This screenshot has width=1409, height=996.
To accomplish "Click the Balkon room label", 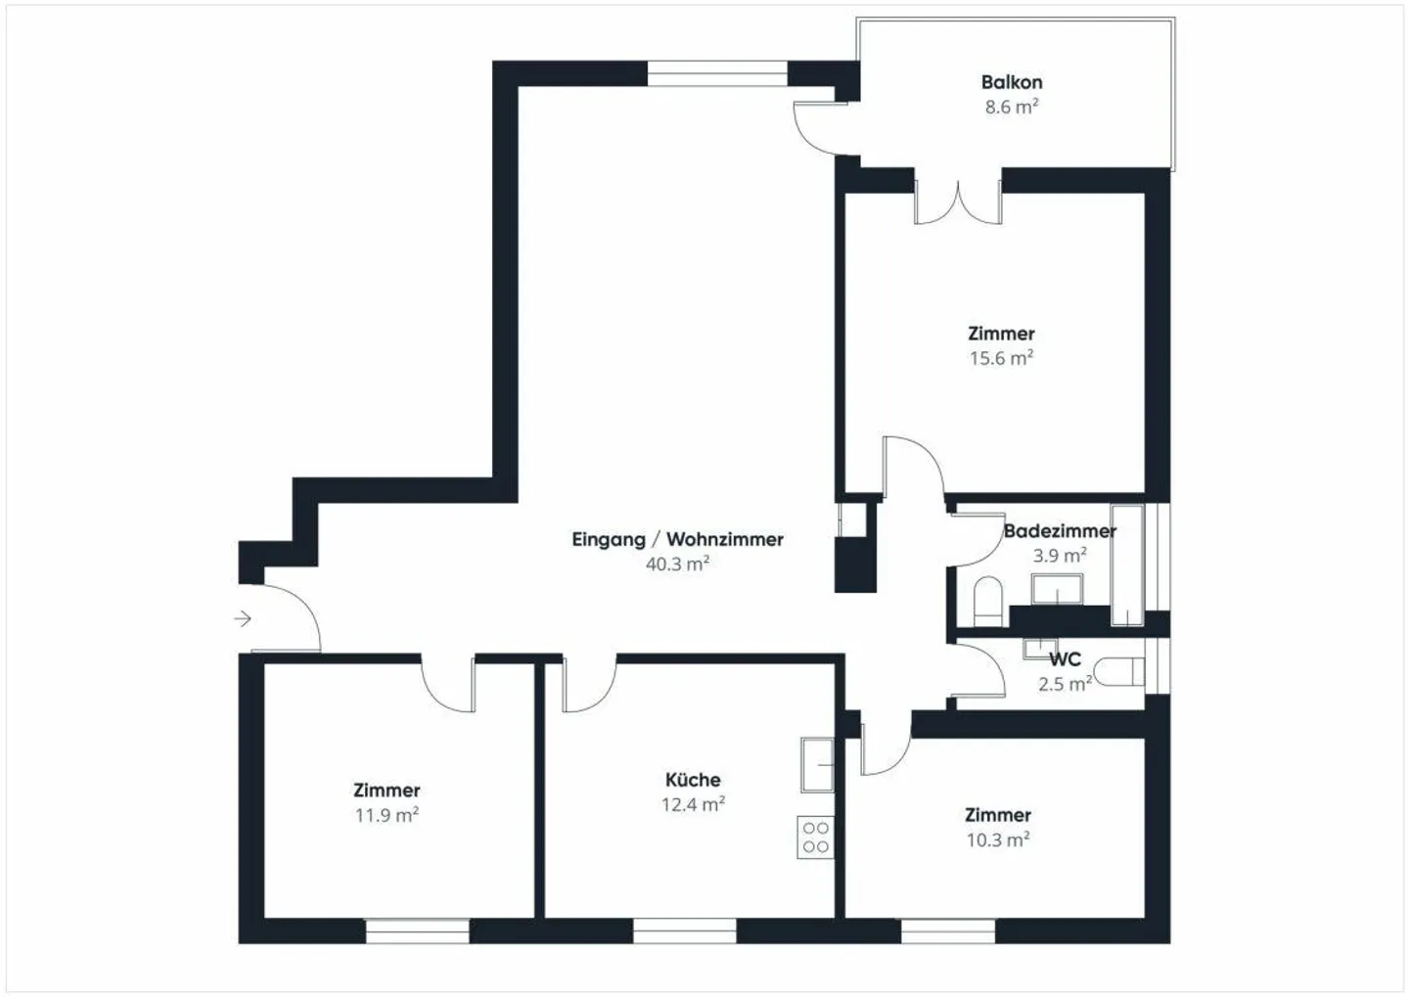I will coord(1011,82).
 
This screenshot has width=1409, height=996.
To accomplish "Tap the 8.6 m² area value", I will coord(1011,107).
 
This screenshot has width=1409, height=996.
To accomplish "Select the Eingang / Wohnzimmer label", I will coord(677,539).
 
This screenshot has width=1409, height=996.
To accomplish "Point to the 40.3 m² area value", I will coord(677,564).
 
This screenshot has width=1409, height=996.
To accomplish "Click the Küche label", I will coord(693,780).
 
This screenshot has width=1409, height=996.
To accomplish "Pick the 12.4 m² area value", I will coord(693,804).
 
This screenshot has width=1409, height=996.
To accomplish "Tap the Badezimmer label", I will coord(1060,531).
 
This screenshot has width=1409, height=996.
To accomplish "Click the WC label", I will coord(1065,659).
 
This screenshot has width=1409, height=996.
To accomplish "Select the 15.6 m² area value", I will coord(1001,358).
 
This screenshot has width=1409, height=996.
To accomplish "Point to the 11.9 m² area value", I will coord(386,815).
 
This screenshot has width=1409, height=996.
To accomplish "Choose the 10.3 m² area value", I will coord(997,839).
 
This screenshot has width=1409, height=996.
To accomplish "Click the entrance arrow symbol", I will coord(243,618).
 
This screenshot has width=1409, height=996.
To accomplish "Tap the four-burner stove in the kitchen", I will coord(815,837).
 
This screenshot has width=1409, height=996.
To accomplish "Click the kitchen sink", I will coord(816,764).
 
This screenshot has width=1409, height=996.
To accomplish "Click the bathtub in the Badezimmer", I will coord(1128,566).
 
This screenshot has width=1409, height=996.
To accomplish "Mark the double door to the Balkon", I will coord(958,200).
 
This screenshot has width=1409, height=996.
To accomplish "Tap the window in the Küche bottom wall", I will coord(684,930).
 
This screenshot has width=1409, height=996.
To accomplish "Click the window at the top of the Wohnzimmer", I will coord(717,73).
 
